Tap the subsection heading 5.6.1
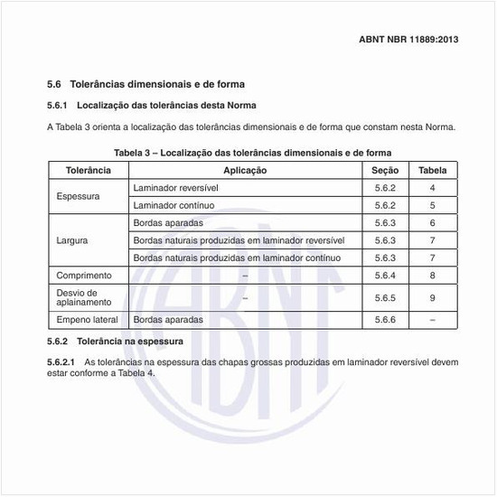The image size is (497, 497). pos(145,106)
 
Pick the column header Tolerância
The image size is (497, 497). pos(89,170)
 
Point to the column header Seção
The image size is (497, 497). pos(385,170)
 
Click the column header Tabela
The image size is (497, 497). pos(433,170)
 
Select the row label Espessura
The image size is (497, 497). pos(78,196)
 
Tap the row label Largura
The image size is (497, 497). pos(72,240)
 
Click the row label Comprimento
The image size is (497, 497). pos(84,275)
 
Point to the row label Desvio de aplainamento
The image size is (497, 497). pos(83,297)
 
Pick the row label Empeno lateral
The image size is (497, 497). pos(88,320)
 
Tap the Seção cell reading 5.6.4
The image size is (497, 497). pos(385,275)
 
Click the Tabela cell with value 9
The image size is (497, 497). pos(433,297)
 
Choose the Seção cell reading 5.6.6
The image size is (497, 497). pos(385,320)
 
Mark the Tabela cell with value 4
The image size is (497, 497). pos(433,187)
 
